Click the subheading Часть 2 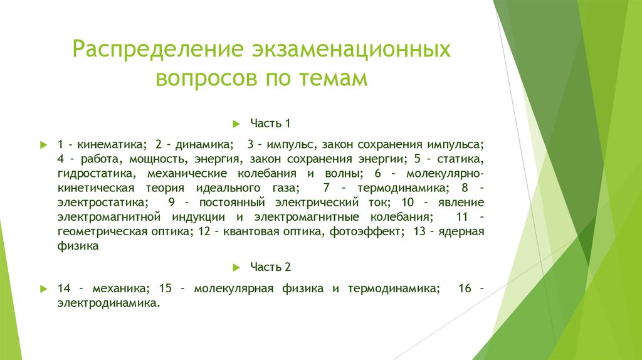271,267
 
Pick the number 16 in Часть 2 465,289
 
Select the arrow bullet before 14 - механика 43,289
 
